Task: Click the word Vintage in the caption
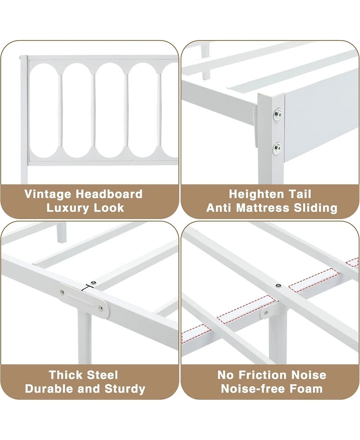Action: pos(48,195)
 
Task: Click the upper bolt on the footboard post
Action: pos(278,114)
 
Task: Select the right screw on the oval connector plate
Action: pos(100,309)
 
